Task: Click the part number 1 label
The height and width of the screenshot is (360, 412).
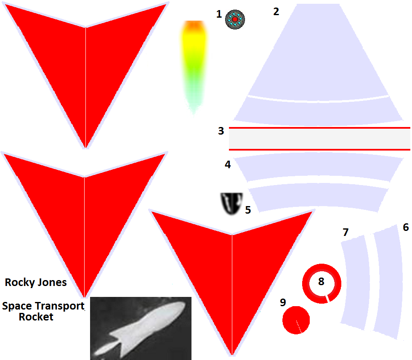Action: tap(219, 14)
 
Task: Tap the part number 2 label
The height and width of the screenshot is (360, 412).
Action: tap(276, 11)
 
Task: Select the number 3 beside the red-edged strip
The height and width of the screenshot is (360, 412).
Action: tap(221, 131)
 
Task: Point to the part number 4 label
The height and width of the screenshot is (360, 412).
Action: tap(228, 164)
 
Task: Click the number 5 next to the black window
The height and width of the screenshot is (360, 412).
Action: tap(248, 210)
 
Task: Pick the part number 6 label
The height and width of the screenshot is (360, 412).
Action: tap(406, 227)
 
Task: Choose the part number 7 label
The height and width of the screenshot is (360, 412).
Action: tap(346, 232)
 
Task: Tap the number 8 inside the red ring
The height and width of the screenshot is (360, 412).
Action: tap(321, 281)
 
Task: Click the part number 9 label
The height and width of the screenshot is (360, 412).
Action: tap(283, 302)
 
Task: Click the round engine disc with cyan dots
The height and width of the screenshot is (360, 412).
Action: tap(235, 19)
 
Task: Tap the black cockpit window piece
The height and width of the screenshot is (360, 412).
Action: tap(231, 204)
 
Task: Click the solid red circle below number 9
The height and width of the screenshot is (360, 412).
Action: tap(296, 320)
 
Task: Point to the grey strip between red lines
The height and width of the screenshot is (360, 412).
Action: tap(319, 139)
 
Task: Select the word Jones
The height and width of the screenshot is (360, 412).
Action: tap(51, 282)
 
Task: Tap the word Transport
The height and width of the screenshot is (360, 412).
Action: tap(60, 306)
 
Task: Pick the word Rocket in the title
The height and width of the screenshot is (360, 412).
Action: tap(36, 317)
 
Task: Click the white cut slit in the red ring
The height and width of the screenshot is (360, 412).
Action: tap(327, 299)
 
